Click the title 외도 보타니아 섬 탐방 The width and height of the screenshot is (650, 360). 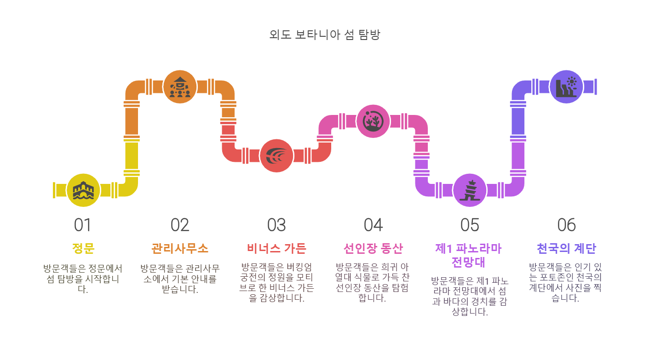point(325,35)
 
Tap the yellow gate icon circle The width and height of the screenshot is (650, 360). point(83,190)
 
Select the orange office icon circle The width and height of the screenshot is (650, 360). point(180,87)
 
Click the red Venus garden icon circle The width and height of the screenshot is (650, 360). point(276,155)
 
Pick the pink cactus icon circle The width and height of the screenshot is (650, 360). point(373,121)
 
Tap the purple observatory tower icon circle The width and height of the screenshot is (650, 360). point(470,190)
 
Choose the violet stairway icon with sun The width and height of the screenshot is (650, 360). point(566,87)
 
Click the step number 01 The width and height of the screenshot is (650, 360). point(83,225)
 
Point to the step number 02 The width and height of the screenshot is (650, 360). point(180,225)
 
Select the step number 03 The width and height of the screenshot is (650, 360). point(276,225)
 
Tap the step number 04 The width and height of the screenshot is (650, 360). point(373,225)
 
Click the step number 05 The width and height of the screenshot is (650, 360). point(470,225)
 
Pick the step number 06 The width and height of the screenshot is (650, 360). point(566,225)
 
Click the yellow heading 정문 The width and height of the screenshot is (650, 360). point(83,249)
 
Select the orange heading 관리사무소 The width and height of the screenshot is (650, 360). point(180,249)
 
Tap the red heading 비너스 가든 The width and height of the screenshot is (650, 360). point(276,249)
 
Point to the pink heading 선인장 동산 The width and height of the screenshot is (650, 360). point(373,249)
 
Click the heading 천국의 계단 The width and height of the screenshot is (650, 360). point(566,249)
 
